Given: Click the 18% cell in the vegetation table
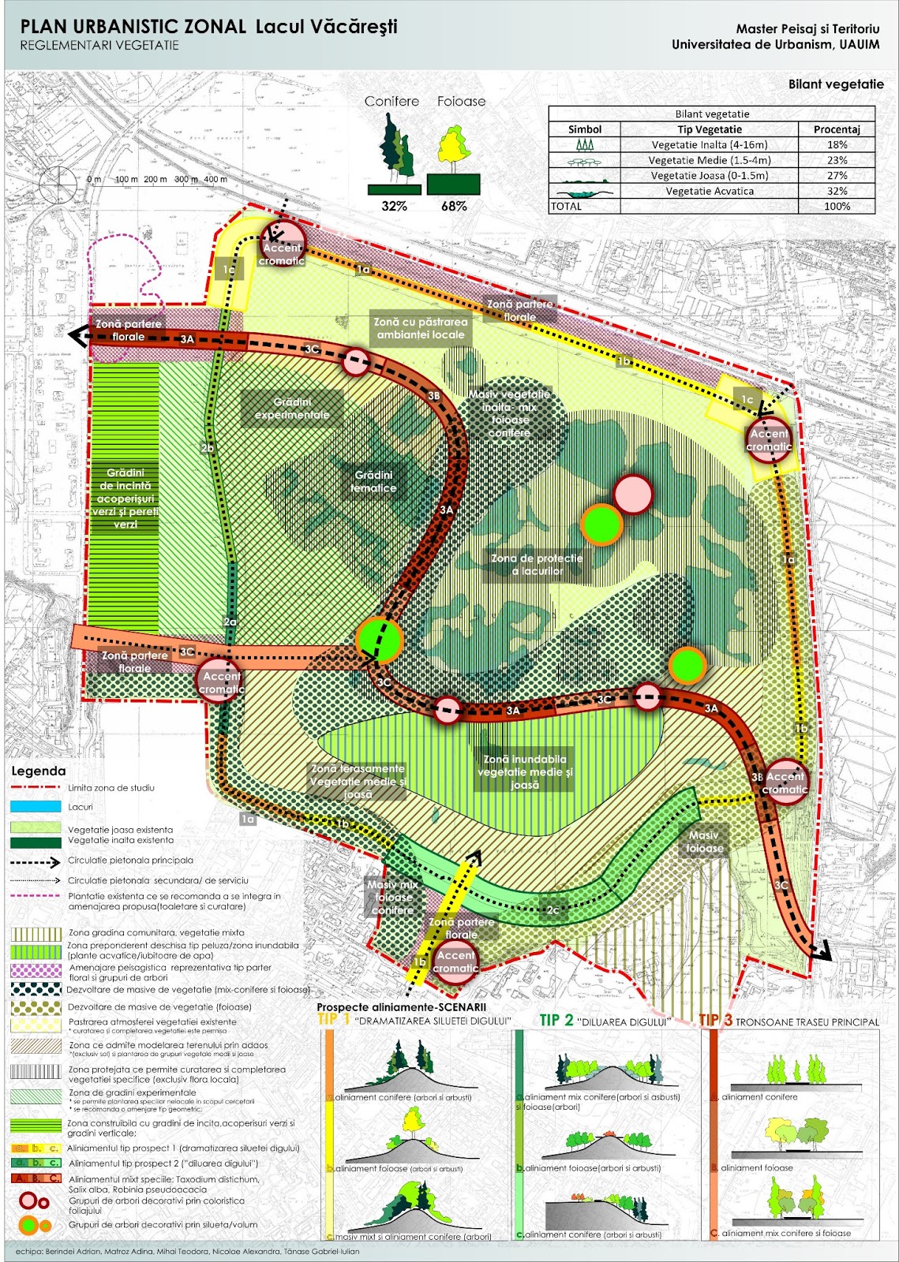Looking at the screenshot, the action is [x=837, y=144].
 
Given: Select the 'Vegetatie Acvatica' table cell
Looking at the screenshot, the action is [x=709, y=191].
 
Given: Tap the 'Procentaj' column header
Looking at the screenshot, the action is [x=837, y=129].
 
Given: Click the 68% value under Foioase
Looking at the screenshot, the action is [x=454, y=206].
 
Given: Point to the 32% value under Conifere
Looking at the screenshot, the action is [x=394, y=206].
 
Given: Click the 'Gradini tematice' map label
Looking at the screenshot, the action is [x=373, y=481].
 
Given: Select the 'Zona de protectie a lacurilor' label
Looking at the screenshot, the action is [x=537, y=564].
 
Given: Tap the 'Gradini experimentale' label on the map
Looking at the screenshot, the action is [x=292, y=409].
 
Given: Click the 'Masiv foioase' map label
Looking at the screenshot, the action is [x=704, y=842].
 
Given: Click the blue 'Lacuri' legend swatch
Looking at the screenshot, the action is [x=36, y=807].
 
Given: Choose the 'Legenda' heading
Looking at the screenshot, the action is [x=38, y=771].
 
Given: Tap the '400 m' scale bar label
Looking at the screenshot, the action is [x=215, y=179].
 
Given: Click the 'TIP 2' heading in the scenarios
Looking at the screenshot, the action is [x=556, y=1020].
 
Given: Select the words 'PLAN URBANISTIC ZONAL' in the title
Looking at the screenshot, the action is [x=133, y=27].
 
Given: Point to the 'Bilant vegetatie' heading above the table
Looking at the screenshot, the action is [x=835, y=84].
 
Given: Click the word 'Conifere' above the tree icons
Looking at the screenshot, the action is [x=391, y=101].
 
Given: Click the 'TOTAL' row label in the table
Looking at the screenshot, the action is [x=566, y=207].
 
